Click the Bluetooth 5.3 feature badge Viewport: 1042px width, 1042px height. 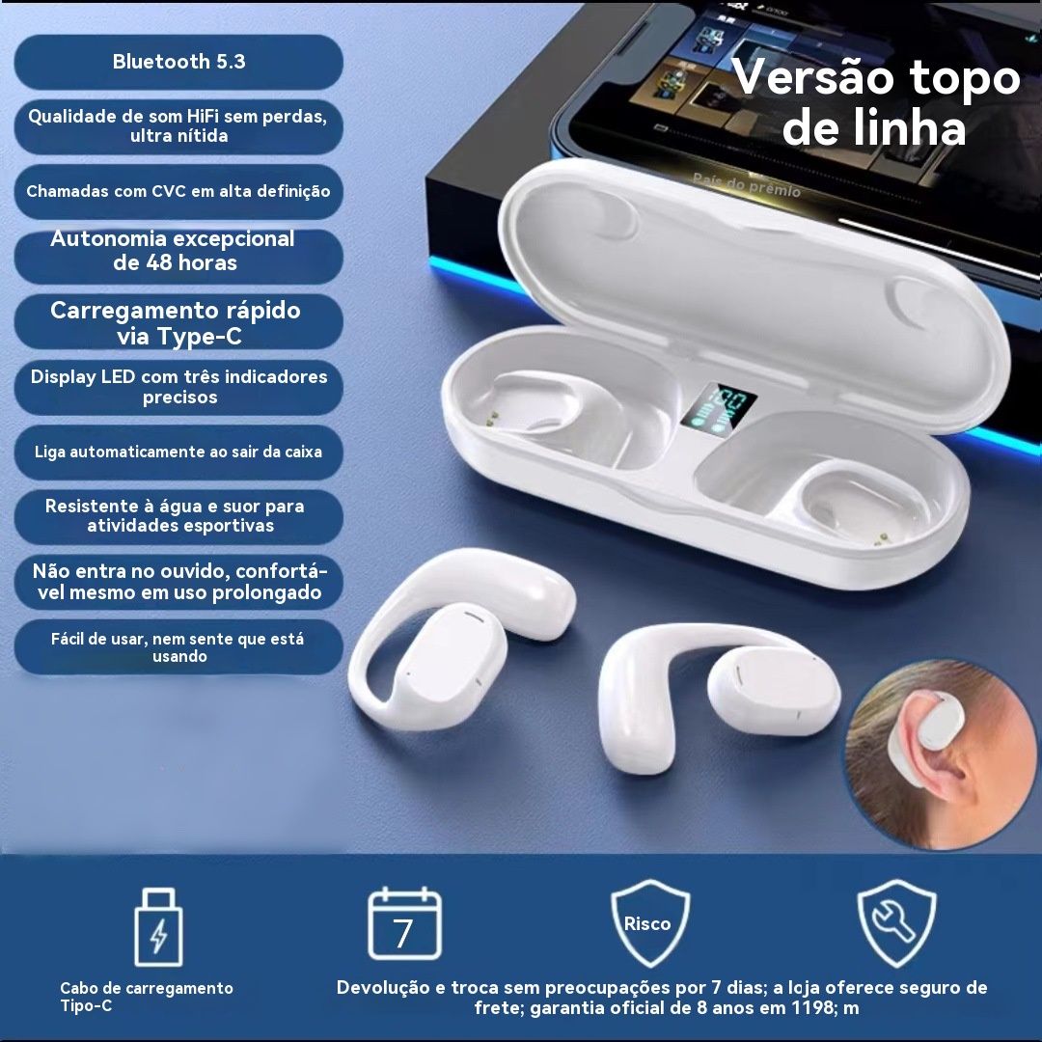[178, 62]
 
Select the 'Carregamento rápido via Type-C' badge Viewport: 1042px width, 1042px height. [178, 321]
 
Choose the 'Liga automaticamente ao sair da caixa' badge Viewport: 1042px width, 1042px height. [178, 452]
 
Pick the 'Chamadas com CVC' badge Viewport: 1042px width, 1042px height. [178, 191]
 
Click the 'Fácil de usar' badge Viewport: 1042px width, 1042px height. [178, 647]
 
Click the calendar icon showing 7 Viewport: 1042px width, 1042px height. [404, 923]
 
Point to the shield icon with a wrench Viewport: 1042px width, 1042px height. [895, 923]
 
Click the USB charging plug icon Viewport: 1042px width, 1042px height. [158, 927]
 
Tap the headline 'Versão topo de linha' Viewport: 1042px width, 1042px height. [876, 101]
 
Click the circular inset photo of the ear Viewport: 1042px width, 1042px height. [943, 755]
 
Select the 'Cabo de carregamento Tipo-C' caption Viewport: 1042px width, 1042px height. [147, 997]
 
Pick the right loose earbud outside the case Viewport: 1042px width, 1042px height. [718, 698]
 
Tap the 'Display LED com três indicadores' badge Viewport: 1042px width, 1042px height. [178, 387]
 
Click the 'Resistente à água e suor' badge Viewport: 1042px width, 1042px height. [178, 517]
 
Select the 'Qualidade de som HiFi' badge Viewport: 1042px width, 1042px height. [178, 126]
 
